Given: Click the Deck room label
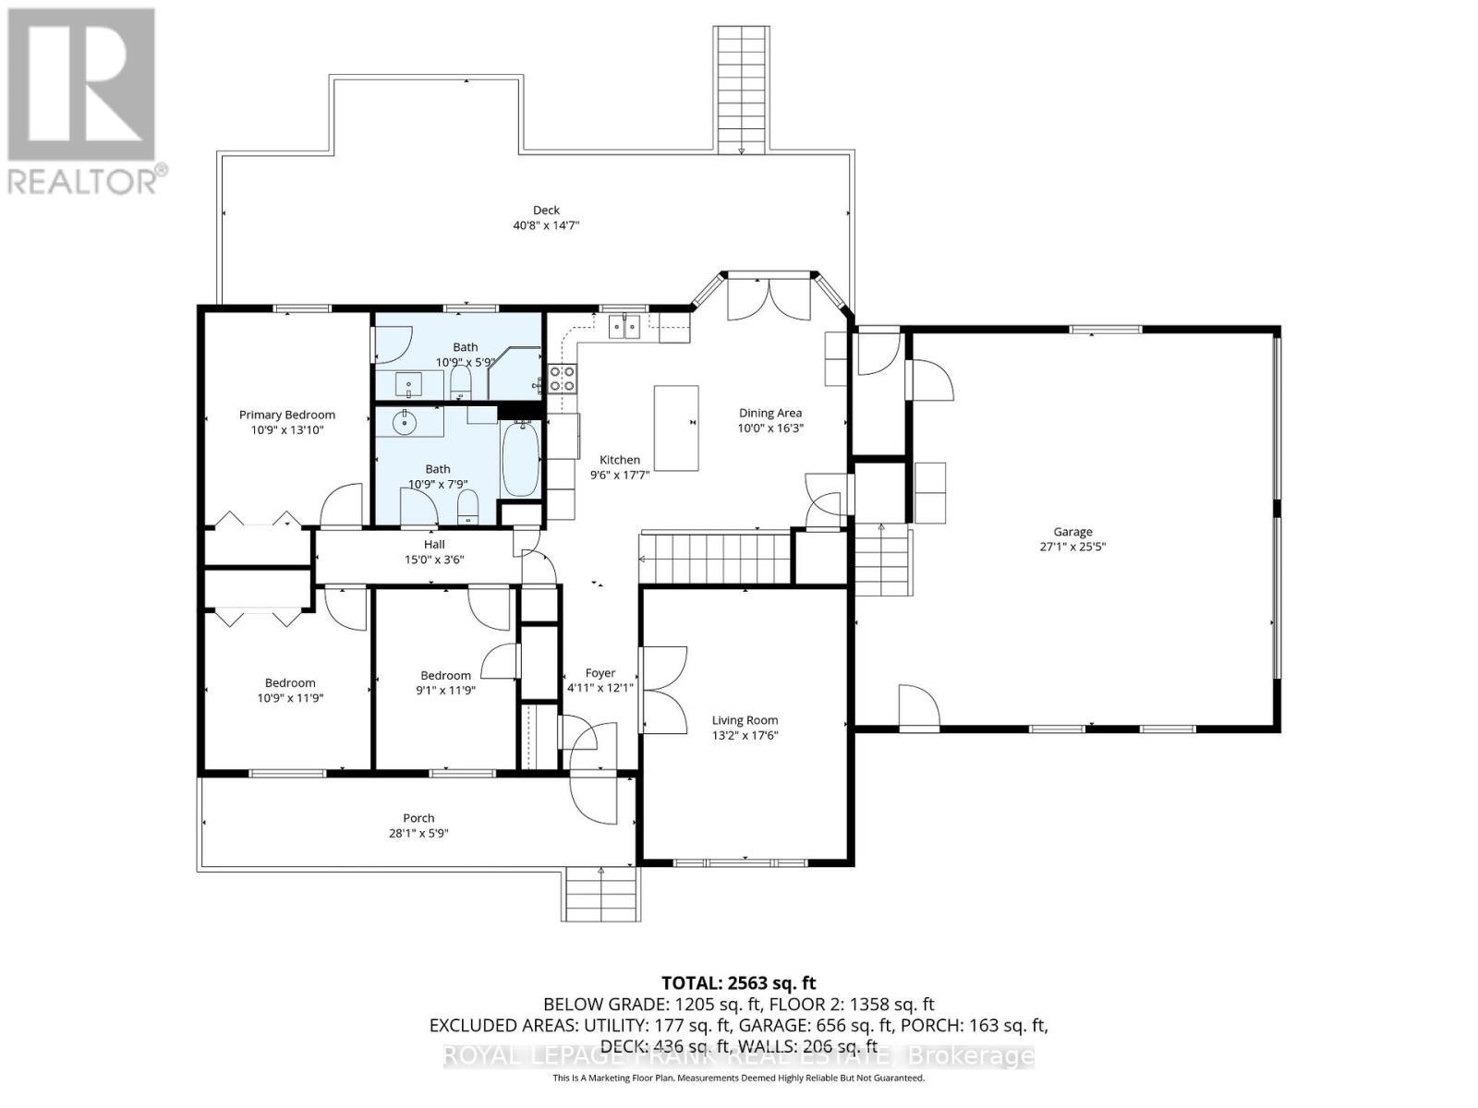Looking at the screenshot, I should click(x=546, y=211).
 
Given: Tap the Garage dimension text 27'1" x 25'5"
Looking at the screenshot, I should click(x=1072, y=547).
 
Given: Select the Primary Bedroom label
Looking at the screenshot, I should click(x=286, y=415).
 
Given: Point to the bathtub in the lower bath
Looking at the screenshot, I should click(x=520, y=458).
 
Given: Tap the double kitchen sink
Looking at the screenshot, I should click(x=625, y=326).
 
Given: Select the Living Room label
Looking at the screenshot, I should click(x=745, y=720).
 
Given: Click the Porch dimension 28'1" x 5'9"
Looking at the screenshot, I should click(x=418, y=833).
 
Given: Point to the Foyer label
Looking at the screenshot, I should click(x=600, y=673).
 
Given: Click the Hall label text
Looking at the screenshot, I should click(x=434, y=545).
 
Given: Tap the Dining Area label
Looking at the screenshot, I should click(x=769, y=413).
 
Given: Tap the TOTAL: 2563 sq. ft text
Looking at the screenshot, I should click(x=738, y=983).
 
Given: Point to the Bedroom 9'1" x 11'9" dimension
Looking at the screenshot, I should click(x=445, y=690).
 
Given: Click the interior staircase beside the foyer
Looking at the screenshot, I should click(x=716, y=558).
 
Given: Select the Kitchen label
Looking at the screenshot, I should click(x=619, y=460).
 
